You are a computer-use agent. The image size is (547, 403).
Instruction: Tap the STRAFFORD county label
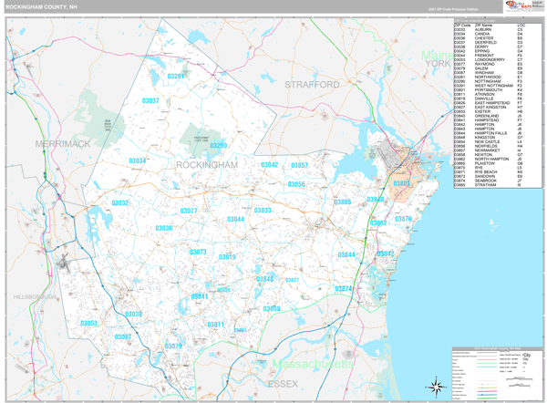tap(311, 85)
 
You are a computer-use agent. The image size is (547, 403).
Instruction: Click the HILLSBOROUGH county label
tap(36, 297)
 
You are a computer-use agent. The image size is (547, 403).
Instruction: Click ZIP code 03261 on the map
tap(177, 77)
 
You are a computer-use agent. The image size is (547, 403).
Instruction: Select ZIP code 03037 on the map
tap(150, 101)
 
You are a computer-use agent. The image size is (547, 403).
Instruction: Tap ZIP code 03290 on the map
tap(218, 145)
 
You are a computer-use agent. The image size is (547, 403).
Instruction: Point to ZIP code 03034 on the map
tap(138, 160)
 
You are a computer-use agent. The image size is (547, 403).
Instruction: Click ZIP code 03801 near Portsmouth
tap(402, 183)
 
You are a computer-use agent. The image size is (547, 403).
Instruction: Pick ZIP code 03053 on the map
tap(88, 324)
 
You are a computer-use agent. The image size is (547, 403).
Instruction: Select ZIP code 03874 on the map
tap(344, 289)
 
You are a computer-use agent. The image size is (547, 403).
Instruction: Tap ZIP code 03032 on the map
tap(120, 202)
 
